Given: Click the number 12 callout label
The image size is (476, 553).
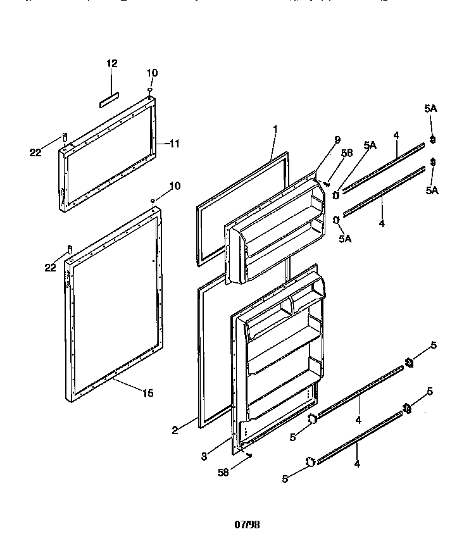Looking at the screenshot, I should (111, 63).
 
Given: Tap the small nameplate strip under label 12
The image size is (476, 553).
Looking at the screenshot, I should (108, 99).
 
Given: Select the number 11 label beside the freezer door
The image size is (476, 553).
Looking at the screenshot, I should (175, 144).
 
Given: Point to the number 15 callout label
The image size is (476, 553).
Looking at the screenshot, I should (147, 393).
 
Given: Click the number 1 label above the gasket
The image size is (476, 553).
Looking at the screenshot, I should (275, 129).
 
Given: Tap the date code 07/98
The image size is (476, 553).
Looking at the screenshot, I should (247, 525).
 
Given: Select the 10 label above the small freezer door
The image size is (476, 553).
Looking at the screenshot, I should (154, 73).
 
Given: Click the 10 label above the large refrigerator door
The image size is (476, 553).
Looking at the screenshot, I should (175, 185).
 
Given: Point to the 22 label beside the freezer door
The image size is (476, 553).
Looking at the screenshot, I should (35, 151).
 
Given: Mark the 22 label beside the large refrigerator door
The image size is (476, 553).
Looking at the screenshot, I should (50, 268).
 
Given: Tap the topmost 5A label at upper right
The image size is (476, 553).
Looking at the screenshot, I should (430, 109).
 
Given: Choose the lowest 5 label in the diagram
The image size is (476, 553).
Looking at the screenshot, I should (285, 480).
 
